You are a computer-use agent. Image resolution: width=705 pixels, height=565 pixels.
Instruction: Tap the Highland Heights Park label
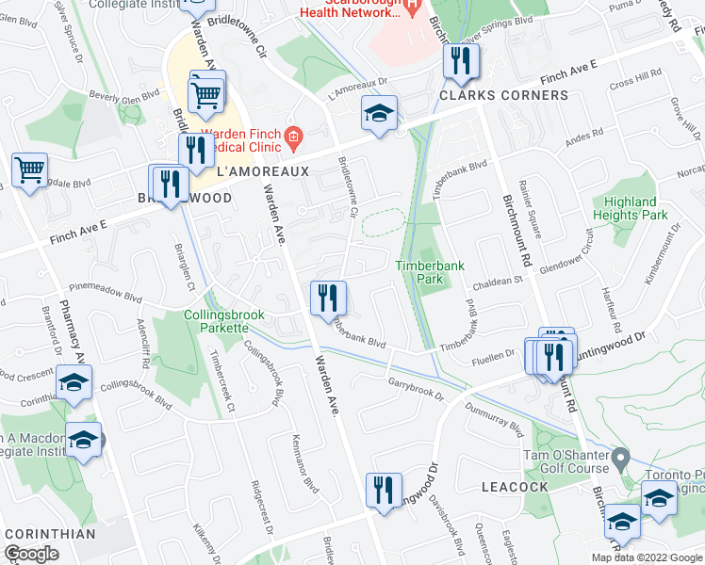[x=631, y=208]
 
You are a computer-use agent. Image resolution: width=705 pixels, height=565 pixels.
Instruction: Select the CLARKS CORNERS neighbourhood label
[x=502, y=95]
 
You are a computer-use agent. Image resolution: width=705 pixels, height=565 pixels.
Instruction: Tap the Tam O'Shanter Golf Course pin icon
[x=619, y=460]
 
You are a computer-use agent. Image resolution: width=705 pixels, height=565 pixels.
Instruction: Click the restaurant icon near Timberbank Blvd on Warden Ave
[x=328, y=298]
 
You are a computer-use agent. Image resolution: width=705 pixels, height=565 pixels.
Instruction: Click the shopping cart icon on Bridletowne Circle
[x=206, y=92]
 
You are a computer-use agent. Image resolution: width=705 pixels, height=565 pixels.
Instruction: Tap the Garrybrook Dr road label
[x=416, y=388]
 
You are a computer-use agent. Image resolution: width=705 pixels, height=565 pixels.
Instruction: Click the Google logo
[x=31, y=555]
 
